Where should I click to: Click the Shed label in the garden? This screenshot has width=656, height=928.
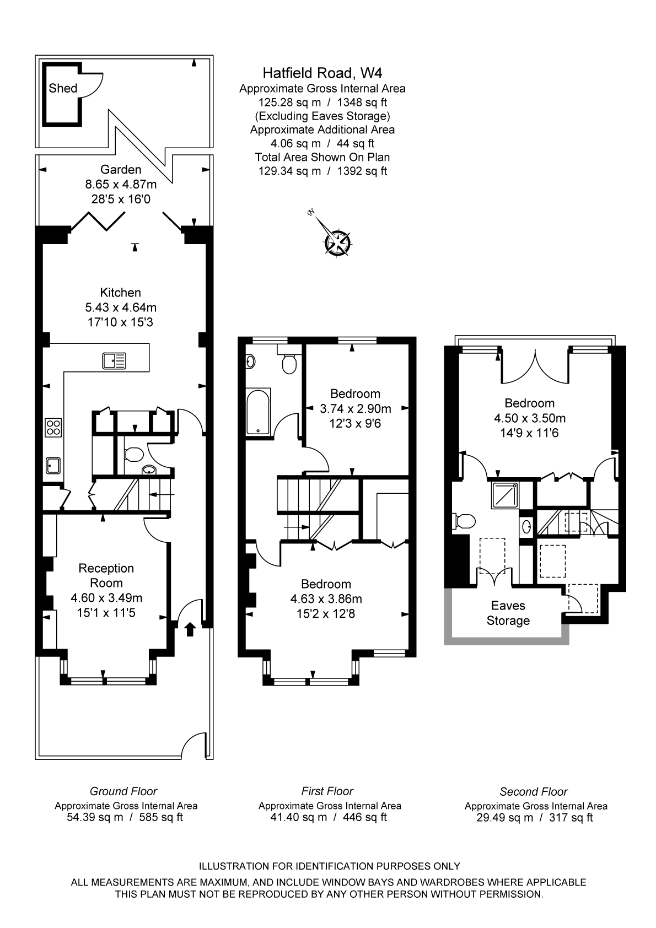tap(63, 88)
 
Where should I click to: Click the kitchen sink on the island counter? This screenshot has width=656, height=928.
tap(114, 360)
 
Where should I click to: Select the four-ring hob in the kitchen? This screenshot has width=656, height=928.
tap(53, 428)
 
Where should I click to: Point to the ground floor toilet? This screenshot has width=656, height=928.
tap(133, 455)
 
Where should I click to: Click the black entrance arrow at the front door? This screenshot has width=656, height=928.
tap(190, 629)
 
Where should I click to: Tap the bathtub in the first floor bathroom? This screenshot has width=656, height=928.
tap(258, 411)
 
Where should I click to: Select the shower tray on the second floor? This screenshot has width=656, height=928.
tap(504, 495)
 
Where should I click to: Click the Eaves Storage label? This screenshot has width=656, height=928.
tap(508, 613)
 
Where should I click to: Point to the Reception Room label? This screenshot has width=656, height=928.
tap(106, 575)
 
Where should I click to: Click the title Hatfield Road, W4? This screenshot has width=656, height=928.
tap(322, 73)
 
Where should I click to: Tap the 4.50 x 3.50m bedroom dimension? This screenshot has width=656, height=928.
tap(530, 418)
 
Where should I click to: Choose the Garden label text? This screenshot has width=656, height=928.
tap(121, 169)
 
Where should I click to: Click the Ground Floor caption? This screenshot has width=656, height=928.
tap(123, 791)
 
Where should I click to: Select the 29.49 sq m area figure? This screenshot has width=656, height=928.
tap(504, 817)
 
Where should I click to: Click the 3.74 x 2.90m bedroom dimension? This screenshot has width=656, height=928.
tap(355, 408)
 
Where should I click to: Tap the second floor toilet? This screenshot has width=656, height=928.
tap(465, 521)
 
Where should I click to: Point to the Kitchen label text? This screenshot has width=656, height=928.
tap(120, 293)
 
